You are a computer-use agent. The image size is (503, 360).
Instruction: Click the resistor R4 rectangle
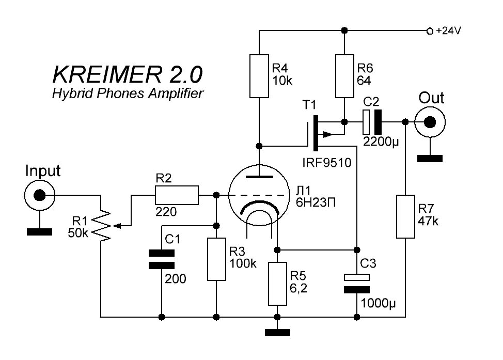pos(259,75)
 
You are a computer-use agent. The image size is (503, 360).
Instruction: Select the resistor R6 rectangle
pos(344,75)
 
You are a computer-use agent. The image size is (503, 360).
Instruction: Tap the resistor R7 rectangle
pos(405,216)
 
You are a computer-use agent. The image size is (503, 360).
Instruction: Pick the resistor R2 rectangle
pos(176,195)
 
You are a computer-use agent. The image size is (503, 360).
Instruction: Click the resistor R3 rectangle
pos(216,259)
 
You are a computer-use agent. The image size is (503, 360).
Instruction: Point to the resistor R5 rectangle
pos(277,283)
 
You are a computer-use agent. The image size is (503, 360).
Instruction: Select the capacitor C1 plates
pos(161,259)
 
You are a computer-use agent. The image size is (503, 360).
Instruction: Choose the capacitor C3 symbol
pos(356,283)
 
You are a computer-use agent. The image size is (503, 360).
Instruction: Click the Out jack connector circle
pos(430,122)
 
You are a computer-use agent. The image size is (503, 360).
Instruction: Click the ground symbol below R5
pos(277,333)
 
